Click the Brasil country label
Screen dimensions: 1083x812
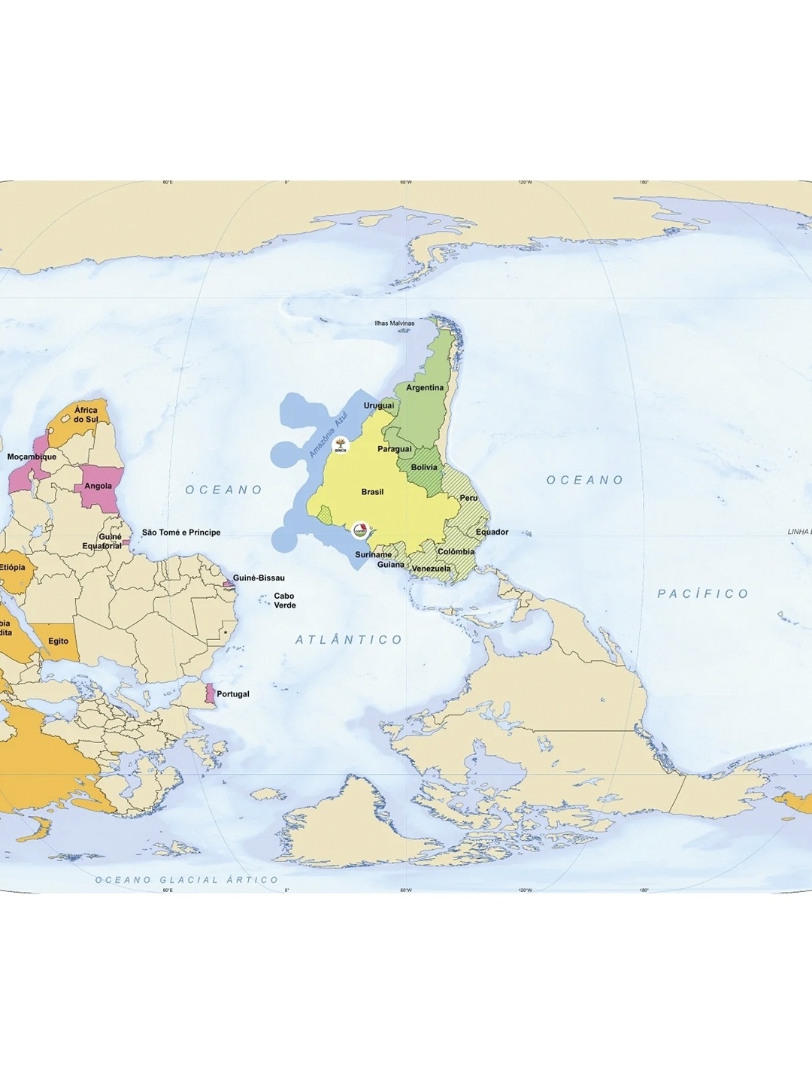point(372,492)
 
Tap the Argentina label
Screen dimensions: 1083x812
point(425,388)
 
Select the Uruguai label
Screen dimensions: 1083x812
point(379,405)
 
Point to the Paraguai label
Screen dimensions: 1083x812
point(395,449)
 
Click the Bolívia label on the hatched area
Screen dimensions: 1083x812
point(424,467)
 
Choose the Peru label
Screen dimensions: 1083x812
point(468,498)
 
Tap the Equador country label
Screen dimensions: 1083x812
point(492,532)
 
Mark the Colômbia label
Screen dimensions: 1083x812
point(456,551)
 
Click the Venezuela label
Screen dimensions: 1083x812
point(431,569)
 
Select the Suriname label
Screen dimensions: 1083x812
point(373,554)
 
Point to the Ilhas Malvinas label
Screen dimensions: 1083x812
point(395,323)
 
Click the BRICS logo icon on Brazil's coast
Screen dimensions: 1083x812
point(341,446)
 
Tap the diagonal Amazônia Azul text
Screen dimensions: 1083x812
point(329,435)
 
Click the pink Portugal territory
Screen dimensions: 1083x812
point(211,693)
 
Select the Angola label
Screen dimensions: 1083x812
point(98,486)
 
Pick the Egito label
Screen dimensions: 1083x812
point(59,642)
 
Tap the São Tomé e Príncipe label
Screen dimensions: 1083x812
point(181,532)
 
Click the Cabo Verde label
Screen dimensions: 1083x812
point(284,600)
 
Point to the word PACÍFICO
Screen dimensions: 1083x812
point(703,593)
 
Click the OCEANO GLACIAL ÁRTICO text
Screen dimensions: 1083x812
point(186,879)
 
